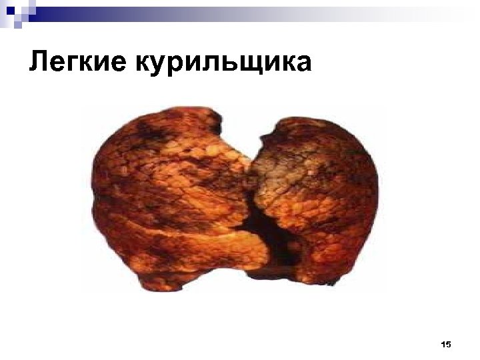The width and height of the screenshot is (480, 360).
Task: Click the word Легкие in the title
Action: (x=79, y=63)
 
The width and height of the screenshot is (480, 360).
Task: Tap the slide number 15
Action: (x=446, y=345)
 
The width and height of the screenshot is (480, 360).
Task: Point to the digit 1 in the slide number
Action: (x=443, y=345)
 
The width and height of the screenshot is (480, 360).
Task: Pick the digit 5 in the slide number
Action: (x=449, y=345)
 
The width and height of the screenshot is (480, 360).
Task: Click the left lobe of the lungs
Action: (x=167, y=193)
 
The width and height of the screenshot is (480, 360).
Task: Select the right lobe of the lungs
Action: (x=320, y=193)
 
